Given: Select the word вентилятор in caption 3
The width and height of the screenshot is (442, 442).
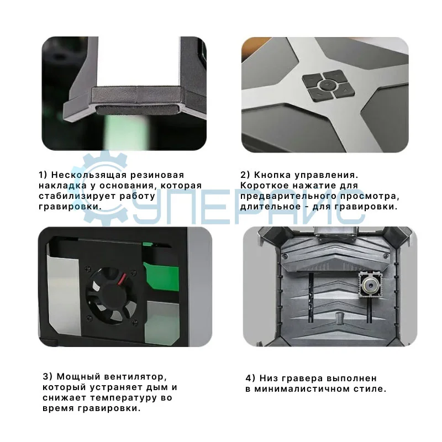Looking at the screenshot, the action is coord(135,377).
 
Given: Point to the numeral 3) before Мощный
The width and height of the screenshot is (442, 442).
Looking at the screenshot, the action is coord(48,377).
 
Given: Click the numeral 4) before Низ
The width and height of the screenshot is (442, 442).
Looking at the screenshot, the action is coord(250,378).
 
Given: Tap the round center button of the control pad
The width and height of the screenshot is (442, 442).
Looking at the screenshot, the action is coord(327,84).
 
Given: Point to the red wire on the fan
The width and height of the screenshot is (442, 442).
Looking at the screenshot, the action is coord(122,278).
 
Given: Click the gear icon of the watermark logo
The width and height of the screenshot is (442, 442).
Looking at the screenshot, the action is coord(99,189).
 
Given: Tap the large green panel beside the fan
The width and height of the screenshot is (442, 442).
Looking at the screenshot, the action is coord(161,277).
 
